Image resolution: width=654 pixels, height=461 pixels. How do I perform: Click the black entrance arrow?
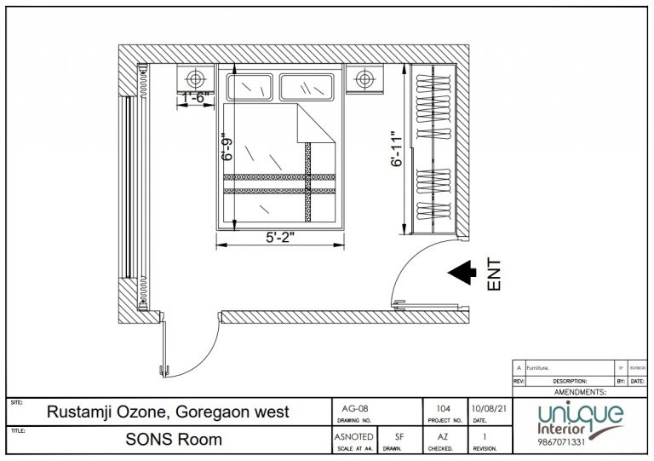pos(462,271)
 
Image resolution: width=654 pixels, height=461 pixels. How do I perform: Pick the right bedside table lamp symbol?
pos(365,79)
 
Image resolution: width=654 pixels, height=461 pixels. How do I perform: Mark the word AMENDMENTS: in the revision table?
pos(580,392)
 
